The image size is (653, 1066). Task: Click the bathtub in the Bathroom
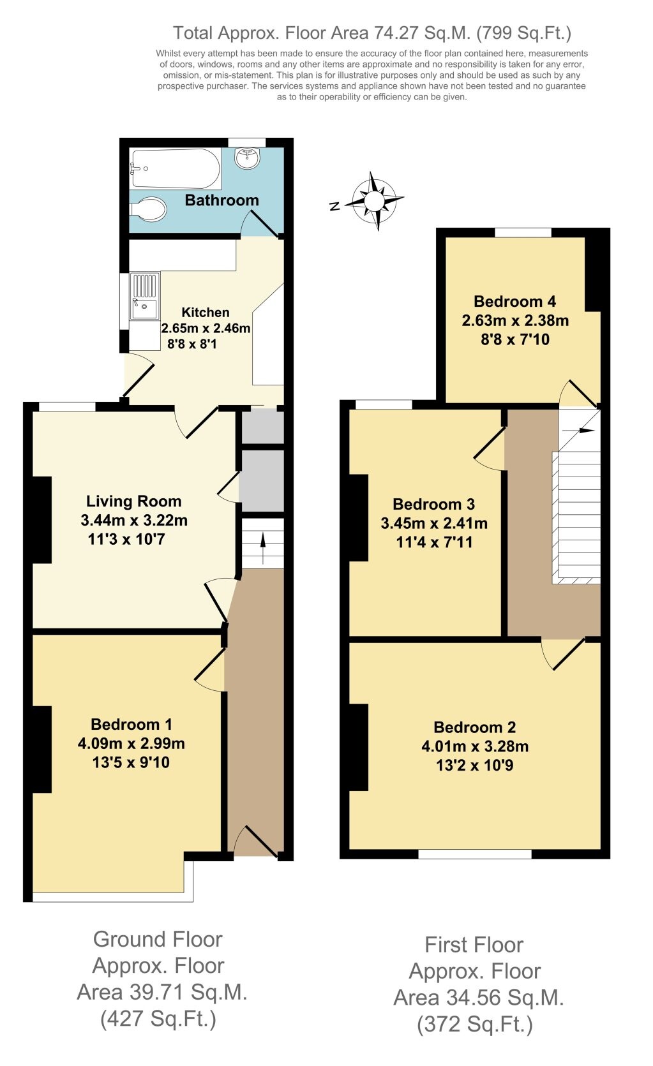175,168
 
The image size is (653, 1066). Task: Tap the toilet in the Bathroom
148,209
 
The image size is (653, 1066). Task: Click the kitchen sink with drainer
145,296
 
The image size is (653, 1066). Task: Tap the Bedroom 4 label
514,301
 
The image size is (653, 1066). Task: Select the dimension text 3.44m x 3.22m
134,521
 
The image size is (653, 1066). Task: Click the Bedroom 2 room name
474,727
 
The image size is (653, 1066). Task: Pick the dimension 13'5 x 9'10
131,762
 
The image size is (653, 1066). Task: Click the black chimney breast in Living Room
41,520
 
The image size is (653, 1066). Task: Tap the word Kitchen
206,313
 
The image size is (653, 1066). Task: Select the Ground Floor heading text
158,939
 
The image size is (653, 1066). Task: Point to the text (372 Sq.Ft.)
474,1025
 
